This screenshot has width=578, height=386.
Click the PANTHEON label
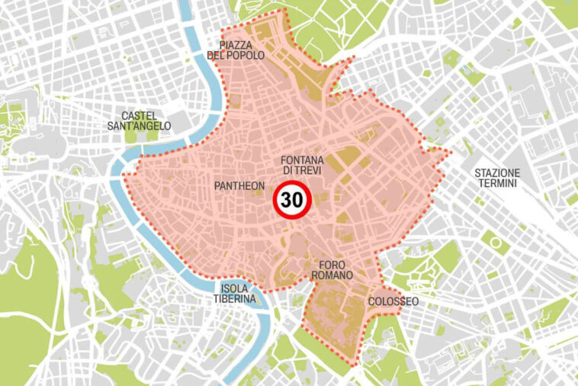240,185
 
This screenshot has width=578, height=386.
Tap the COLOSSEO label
393,302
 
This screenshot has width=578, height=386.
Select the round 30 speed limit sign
292,201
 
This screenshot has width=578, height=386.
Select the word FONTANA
303,160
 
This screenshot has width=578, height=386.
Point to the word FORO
332,264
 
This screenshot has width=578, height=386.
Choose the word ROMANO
332,275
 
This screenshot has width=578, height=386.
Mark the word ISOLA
233,288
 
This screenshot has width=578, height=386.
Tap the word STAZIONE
496,172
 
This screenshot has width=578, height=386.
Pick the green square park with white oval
496,244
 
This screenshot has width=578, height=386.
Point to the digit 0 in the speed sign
298,201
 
